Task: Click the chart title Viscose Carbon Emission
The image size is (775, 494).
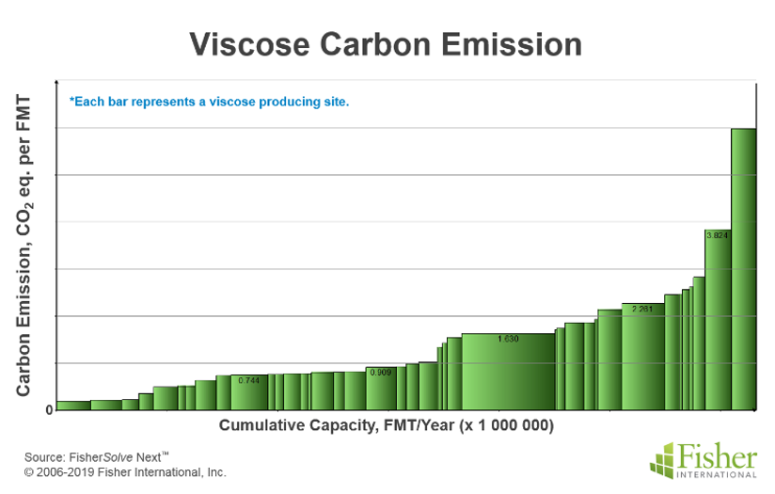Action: [x=386, y=44]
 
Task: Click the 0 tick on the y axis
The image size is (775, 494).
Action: [x=49, y=410]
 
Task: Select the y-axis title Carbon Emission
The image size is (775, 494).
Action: [x=24, y=245]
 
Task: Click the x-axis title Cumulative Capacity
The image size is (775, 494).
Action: [x=387, y=425]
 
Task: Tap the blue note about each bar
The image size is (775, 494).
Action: [x=209, y=102]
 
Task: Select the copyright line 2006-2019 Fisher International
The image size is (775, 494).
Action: [x=125, y=472]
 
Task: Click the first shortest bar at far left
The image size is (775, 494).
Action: [x=72, y=406]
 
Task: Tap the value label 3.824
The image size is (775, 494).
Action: [x=718, y=234]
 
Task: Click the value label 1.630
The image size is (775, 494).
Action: [x=508, y=338]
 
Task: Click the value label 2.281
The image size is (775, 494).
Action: [x=643, y=309]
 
